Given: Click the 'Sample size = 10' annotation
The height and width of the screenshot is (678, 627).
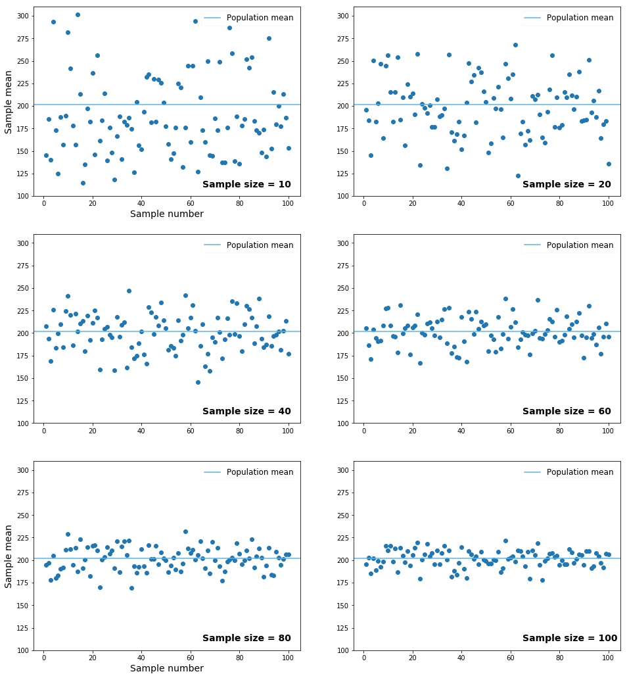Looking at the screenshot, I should coord(246,185).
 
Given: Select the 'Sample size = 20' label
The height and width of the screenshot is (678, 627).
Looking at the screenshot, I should coord(567,185).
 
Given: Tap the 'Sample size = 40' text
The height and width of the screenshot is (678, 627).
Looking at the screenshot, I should coord(246,412).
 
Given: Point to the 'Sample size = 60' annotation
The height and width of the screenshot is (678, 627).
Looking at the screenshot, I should coord(567,412).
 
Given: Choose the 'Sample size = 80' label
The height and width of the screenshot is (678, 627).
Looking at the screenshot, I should coord(246,639).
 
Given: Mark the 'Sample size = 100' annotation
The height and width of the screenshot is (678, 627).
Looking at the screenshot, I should coord(569,639).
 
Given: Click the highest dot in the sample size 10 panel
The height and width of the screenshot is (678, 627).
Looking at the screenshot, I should coord(78,14).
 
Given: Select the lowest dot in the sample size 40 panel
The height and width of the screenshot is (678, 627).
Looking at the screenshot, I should coord(198,382).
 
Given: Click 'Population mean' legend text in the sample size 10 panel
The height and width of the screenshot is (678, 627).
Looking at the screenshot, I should coord(260,18).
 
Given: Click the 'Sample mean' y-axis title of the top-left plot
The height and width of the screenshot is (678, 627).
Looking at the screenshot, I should coord(9,102).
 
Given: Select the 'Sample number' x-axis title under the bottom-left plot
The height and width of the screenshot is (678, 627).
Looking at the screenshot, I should coord(167,669).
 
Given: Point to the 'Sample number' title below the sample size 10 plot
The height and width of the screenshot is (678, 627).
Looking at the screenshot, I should coord(167,214).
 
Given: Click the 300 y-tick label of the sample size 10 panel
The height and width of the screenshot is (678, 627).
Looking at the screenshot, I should coord(22,16).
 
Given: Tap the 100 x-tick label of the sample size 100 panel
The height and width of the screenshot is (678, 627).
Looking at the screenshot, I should coord(608,662).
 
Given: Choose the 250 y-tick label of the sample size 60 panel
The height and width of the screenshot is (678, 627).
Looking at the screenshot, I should coord(342,288).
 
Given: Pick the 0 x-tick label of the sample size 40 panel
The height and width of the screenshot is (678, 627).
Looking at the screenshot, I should coord(43,435).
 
